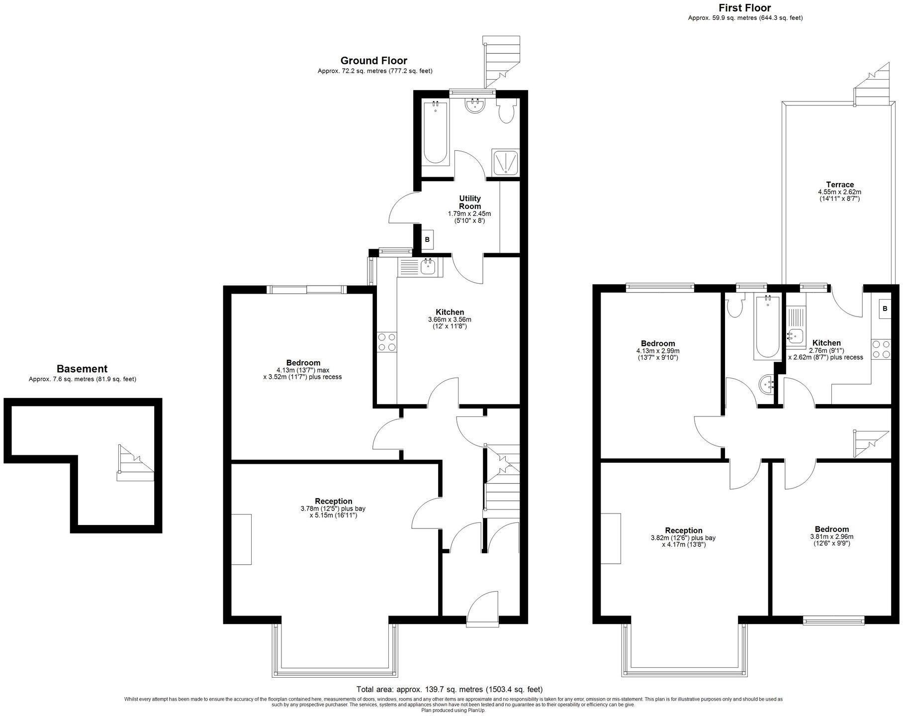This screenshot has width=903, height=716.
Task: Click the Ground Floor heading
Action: tap(373, 61)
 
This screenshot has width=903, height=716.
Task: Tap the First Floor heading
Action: tap(744, 8)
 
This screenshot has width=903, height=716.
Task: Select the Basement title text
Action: tap(82, 369)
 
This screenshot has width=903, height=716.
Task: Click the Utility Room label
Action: tap(469, 203)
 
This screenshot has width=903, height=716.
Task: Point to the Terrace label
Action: tap(839, 185)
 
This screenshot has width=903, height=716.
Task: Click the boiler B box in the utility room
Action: tap(427, 240)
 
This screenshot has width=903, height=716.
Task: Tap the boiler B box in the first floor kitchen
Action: tap(884, 309)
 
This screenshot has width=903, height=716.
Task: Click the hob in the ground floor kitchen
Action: tap(387, 342)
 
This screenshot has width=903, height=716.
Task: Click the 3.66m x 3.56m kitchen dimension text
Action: tap(450, 320)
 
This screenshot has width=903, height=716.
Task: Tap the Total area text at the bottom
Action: tap(449, 690)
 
